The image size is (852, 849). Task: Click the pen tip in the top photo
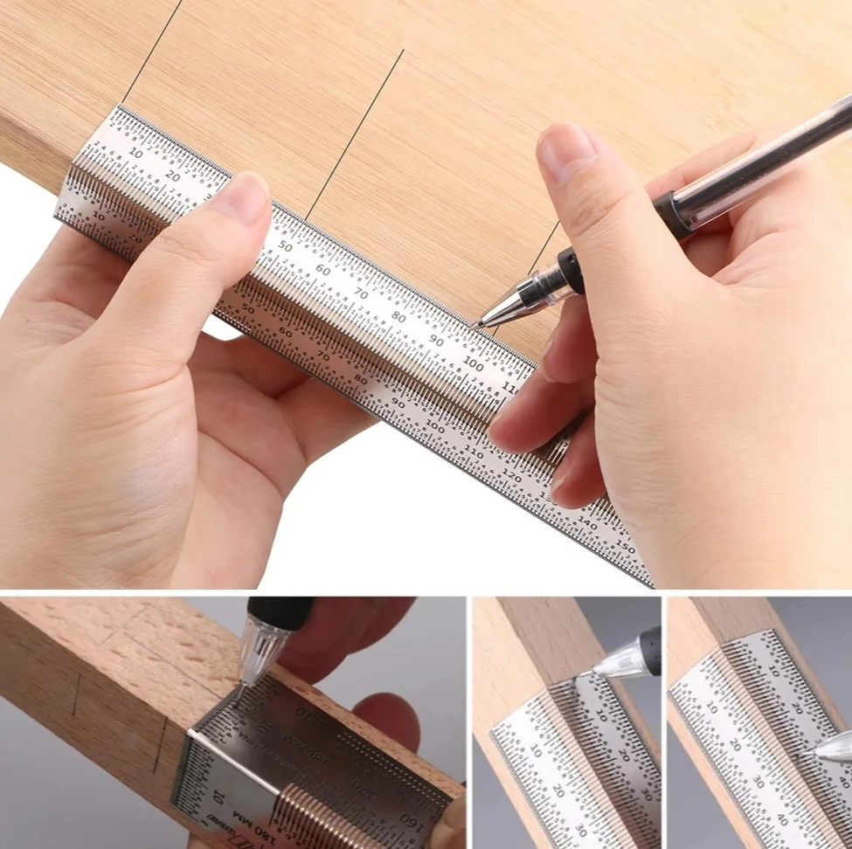pyautogui.click(x=476, y=325)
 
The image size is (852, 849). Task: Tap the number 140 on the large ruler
pyautogui.click(x=588, y=524)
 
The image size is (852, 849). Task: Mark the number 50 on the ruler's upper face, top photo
pyautogui.click(x=286, y=246)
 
